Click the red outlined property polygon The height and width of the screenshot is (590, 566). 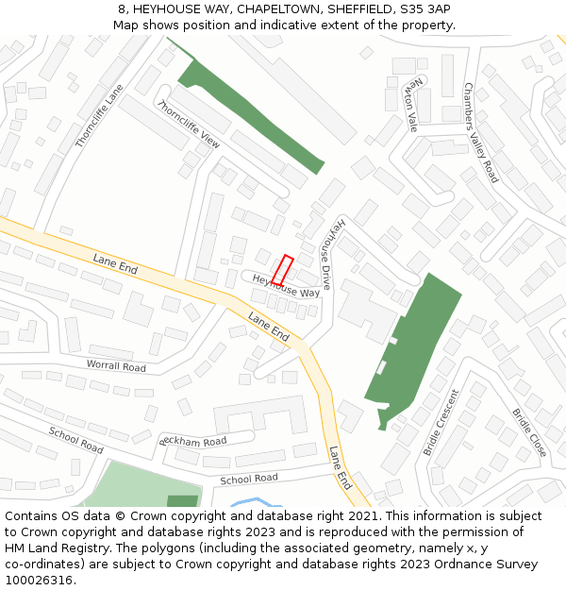click(x=283, y=271)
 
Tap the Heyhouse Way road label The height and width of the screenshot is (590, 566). click(x=286, y=286)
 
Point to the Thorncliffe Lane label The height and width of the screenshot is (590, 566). click(x=99, y=117)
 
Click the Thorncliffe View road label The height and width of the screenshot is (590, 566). click(x=190, y=124)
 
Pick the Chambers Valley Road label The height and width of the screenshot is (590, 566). click(x=480, y=132)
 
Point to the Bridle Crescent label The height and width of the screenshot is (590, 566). click(x=440, y=422)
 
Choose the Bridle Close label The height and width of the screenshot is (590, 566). click(x=529, y=432)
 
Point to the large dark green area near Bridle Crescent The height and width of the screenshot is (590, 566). click(x=412, y=345)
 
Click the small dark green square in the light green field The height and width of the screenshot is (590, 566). click(x=182, y=501)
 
